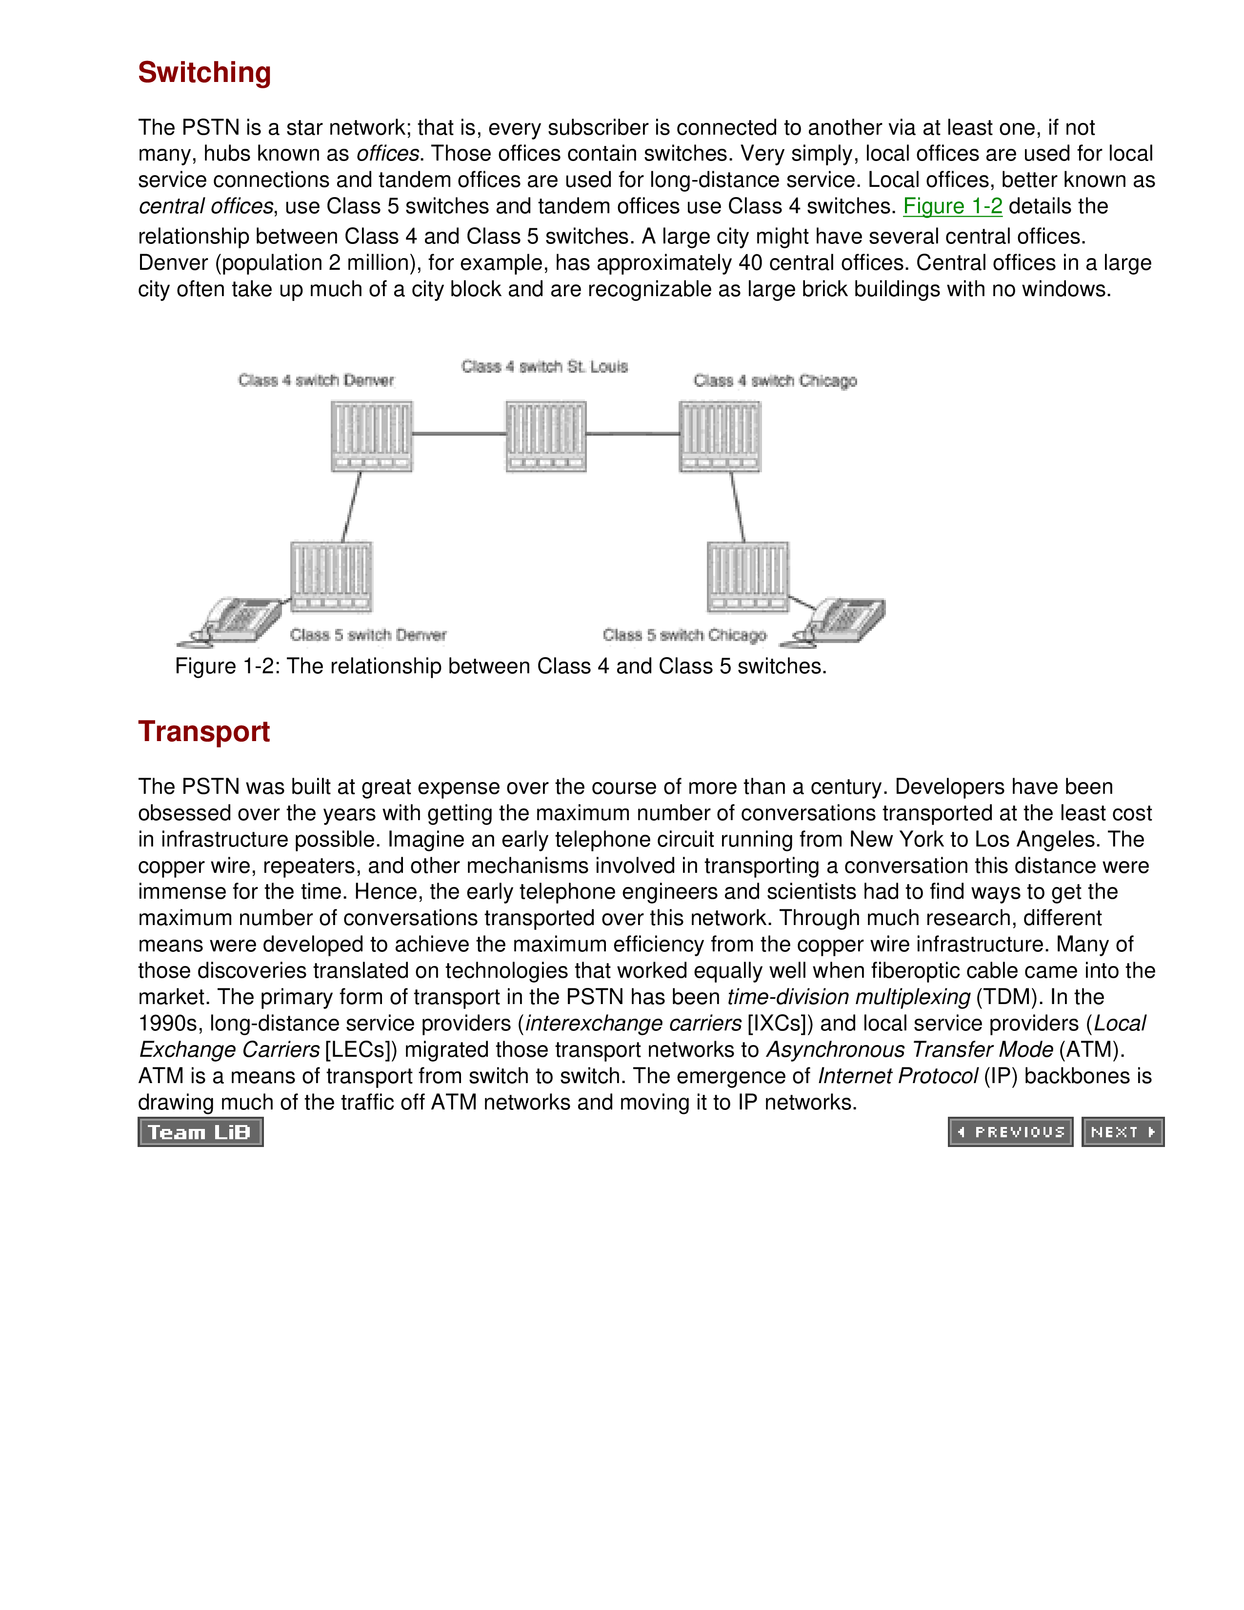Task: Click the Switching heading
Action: point(204,72)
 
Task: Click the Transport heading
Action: point(203,731)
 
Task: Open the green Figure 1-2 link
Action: point(952,206)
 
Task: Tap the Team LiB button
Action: point(201,1131)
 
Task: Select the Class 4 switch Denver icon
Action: point(371,436)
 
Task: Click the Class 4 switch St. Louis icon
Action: point(545,436)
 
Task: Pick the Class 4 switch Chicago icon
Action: point(719,436)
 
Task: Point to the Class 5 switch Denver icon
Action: point(331,577)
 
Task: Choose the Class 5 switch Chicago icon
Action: point(747,577)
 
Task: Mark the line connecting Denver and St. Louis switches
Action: point(459,433)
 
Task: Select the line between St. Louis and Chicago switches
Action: point(632,433)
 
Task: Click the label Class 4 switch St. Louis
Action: point(544,366)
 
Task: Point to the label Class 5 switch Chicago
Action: point(684,635)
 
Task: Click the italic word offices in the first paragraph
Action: point(388,154)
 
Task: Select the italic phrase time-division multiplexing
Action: point(848,997)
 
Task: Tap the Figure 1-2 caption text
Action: point(501,666)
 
